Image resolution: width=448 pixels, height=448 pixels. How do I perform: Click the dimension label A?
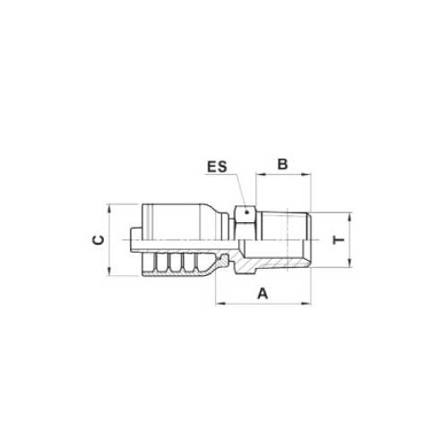[x=263, y=293]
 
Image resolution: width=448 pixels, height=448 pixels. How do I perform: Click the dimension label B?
[x=282, y=164]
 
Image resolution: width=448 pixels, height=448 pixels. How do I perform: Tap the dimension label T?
[x=339, y=240]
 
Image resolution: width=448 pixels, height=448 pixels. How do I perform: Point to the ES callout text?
[x=217, y=167]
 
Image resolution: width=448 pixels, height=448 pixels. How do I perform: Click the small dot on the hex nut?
[x=246, y=212]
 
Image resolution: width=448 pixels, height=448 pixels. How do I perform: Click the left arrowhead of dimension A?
[x=220, y=304]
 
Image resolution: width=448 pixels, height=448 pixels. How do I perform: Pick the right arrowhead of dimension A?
[x=306, y=304]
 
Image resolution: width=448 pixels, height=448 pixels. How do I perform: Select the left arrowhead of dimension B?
[x=261, y=174]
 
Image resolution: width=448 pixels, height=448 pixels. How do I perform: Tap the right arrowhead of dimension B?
[x=306, y=174]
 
